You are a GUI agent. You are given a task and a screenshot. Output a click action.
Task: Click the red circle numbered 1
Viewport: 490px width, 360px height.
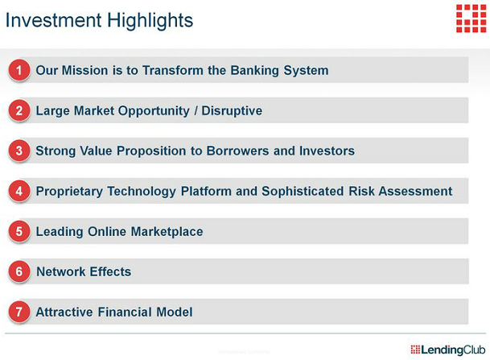coord(19,70)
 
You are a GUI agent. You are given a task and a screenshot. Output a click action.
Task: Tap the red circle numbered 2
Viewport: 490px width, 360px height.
coord(19,110)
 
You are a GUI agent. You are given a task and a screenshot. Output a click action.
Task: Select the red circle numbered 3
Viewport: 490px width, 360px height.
coord(19,151)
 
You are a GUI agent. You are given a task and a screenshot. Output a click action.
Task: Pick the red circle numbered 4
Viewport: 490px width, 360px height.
coord(19,191)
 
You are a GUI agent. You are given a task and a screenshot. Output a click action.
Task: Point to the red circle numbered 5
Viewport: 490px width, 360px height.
coord(19,231)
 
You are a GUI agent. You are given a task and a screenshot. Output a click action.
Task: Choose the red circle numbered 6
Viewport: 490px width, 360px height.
coord(19,271)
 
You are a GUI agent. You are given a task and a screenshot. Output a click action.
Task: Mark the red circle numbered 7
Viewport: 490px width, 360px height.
coord(19,312)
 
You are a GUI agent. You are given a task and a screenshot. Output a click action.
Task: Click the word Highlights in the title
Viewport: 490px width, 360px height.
coord(150,21)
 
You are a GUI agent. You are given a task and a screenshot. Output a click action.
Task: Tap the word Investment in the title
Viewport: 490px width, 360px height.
coord(53,20)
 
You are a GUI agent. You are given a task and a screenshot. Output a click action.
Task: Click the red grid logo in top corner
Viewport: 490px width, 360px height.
coord(471,19)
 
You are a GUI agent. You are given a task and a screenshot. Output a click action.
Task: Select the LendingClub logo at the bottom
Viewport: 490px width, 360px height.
coord(448,350)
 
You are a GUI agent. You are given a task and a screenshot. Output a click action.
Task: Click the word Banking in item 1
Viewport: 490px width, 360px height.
coord(255,71)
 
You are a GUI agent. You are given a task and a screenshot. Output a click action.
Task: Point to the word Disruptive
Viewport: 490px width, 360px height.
coord(232,110)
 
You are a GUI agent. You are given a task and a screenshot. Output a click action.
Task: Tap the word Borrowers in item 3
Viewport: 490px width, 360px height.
coord(237,151)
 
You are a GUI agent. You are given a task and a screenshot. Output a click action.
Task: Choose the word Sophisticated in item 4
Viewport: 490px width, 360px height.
coord(303,191)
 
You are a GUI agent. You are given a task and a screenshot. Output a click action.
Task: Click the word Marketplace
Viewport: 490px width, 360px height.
coord(167,232)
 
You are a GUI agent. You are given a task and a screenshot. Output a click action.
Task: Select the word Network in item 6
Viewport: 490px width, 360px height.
coord(61,271)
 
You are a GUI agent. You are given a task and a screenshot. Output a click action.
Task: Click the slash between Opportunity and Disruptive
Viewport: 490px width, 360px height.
coord(196,110)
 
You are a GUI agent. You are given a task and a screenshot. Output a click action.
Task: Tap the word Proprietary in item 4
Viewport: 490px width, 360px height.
coord(69,192)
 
